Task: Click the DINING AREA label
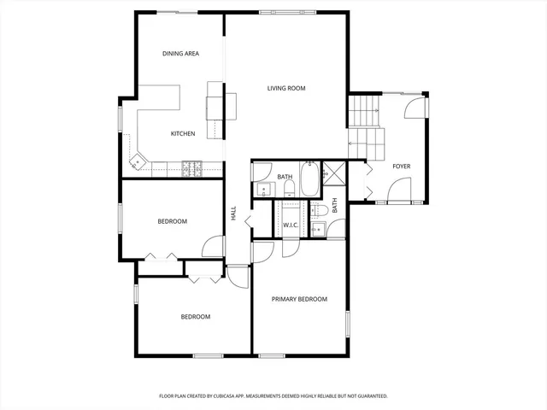[180, 54]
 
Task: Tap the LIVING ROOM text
[285, 88]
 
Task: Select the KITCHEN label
[183, 133]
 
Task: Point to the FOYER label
[401, 166]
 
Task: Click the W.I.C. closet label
[291, 225]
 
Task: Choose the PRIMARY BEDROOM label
[299, 299]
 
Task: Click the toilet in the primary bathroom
[321, 211]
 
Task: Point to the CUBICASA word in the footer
[238, 396]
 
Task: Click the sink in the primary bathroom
[317, 228]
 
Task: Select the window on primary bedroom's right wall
[348, 325]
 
